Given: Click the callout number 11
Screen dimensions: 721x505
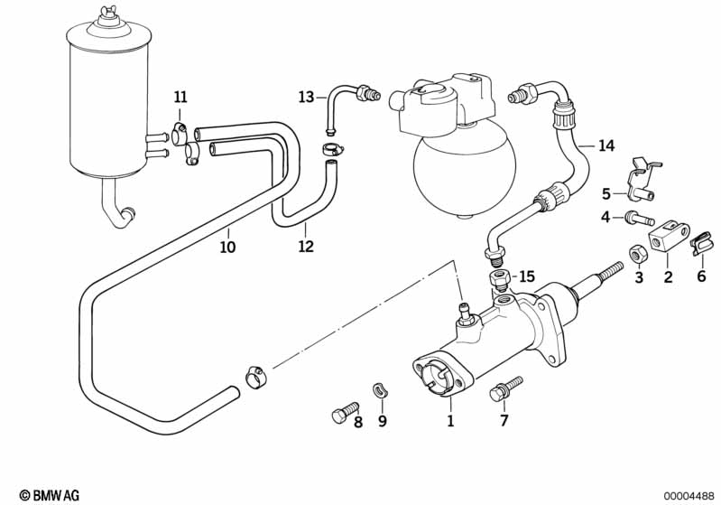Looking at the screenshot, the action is click(x=180, y=98).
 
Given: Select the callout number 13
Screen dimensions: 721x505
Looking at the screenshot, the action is click(x=306, y=98).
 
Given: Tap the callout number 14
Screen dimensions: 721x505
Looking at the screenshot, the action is click(x=606, y=146).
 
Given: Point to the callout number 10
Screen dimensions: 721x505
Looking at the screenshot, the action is click(x=227, y=247).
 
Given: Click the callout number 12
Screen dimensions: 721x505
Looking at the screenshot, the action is click(x=306, y=247).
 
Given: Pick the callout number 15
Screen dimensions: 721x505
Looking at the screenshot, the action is click(x=527, y=276).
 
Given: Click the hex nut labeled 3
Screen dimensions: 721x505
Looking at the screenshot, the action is click(x=638, y=255).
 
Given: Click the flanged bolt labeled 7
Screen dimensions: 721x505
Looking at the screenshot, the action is click(x=504, y=389).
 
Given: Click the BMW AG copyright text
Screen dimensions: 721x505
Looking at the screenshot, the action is click(x=50, y=495).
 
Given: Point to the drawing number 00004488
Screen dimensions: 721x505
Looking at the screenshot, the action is click(x=689, y=496).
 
